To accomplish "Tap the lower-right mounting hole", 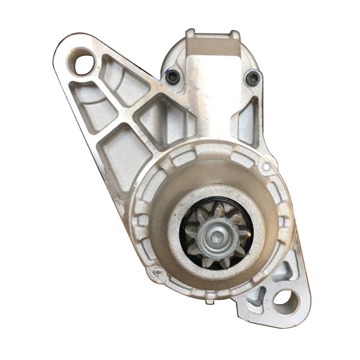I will point(286,301).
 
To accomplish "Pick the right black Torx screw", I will point(253,77).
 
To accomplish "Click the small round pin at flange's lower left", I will point(157,272).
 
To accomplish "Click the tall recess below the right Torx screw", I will point(248,120).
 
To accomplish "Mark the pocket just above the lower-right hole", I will point(281,271).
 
